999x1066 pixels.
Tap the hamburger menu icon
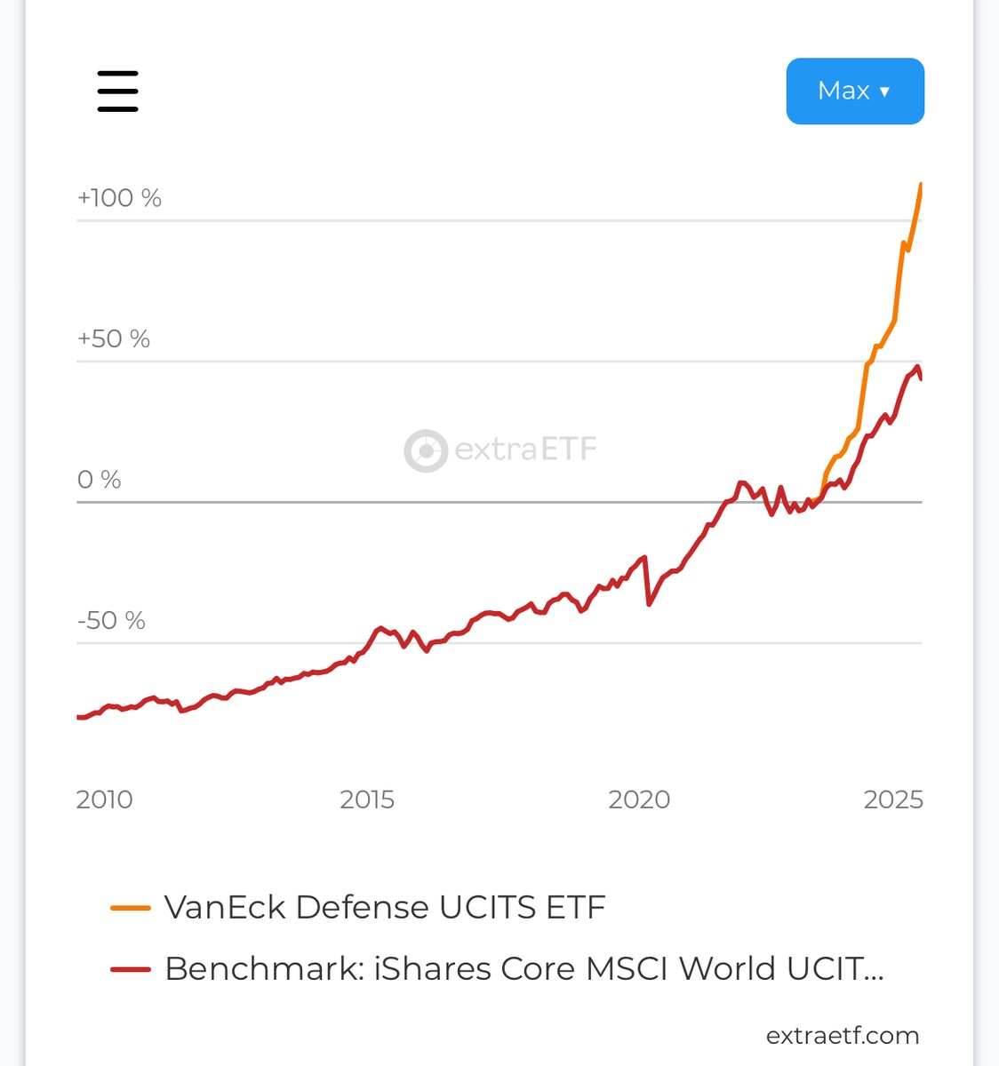pyautogui.click(x=117, y=91)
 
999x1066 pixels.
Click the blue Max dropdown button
pyautogui.click(x=854, y=91)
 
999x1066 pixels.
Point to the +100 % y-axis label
pyautogui.click(x=119, y=197)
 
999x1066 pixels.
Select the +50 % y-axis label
pyautogui.click(x=113, y=338)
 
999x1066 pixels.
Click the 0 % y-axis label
pyautogui.click(x=99, y=480)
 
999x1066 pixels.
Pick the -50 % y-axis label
pyautogui.click(x=111, y=620)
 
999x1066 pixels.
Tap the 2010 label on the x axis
pyautogui.click(x=104, y=799)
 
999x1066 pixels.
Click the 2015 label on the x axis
pyautogui.click(x=366, y=799)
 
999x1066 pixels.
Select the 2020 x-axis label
pyautogui.click(x=638, y=799)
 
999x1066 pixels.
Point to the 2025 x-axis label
pyautogui.click(x=893, y=799)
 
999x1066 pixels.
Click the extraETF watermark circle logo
pyautogui.click(x=426, y=450)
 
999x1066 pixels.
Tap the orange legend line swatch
pyautogui.click(x=130, y=908)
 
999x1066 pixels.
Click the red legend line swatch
pyautogui.click(x=130, y=969)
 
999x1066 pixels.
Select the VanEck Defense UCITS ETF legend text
pyautogui.click(x=385, y=908)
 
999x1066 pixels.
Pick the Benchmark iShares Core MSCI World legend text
pyautogui.click(x=523, y=969)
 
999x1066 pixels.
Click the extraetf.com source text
pyautogui.click(x=842, y=1035)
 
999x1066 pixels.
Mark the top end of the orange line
pyautogui.click(x=921, y=185)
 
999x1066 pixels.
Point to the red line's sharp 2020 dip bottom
pyautogui.click(x=650, y=604)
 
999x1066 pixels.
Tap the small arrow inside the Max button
pyautogui.click(x=884, y=91)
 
